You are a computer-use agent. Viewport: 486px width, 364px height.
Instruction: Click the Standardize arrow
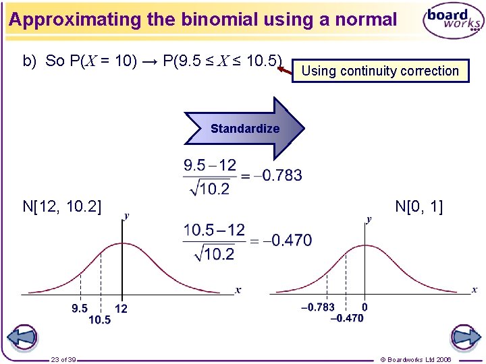click(244, 128)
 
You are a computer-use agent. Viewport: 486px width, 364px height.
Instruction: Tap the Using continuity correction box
click(380, 71)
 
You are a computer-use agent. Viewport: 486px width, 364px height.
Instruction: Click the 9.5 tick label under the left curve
click(80, 308)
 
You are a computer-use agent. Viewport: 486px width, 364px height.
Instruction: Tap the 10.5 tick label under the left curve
click(99, 320)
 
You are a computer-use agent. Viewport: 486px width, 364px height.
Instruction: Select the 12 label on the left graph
click(122, 308)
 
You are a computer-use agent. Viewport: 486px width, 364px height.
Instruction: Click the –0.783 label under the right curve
click(317, 307)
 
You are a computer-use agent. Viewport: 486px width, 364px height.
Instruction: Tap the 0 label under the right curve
click(364, 307)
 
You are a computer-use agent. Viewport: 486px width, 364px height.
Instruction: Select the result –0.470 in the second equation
click(287, 241)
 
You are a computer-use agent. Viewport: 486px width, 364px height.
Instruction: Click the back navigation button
click(22, 336)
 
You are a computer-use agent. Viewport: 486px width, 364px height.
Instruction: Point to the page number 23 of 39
click(63, 359)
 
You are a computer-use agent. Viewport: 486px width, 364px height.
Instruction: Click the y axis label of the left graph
click(126, 216)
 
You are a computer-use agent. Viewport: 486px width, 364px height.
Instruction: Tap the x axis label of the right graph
click(474, 290)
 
